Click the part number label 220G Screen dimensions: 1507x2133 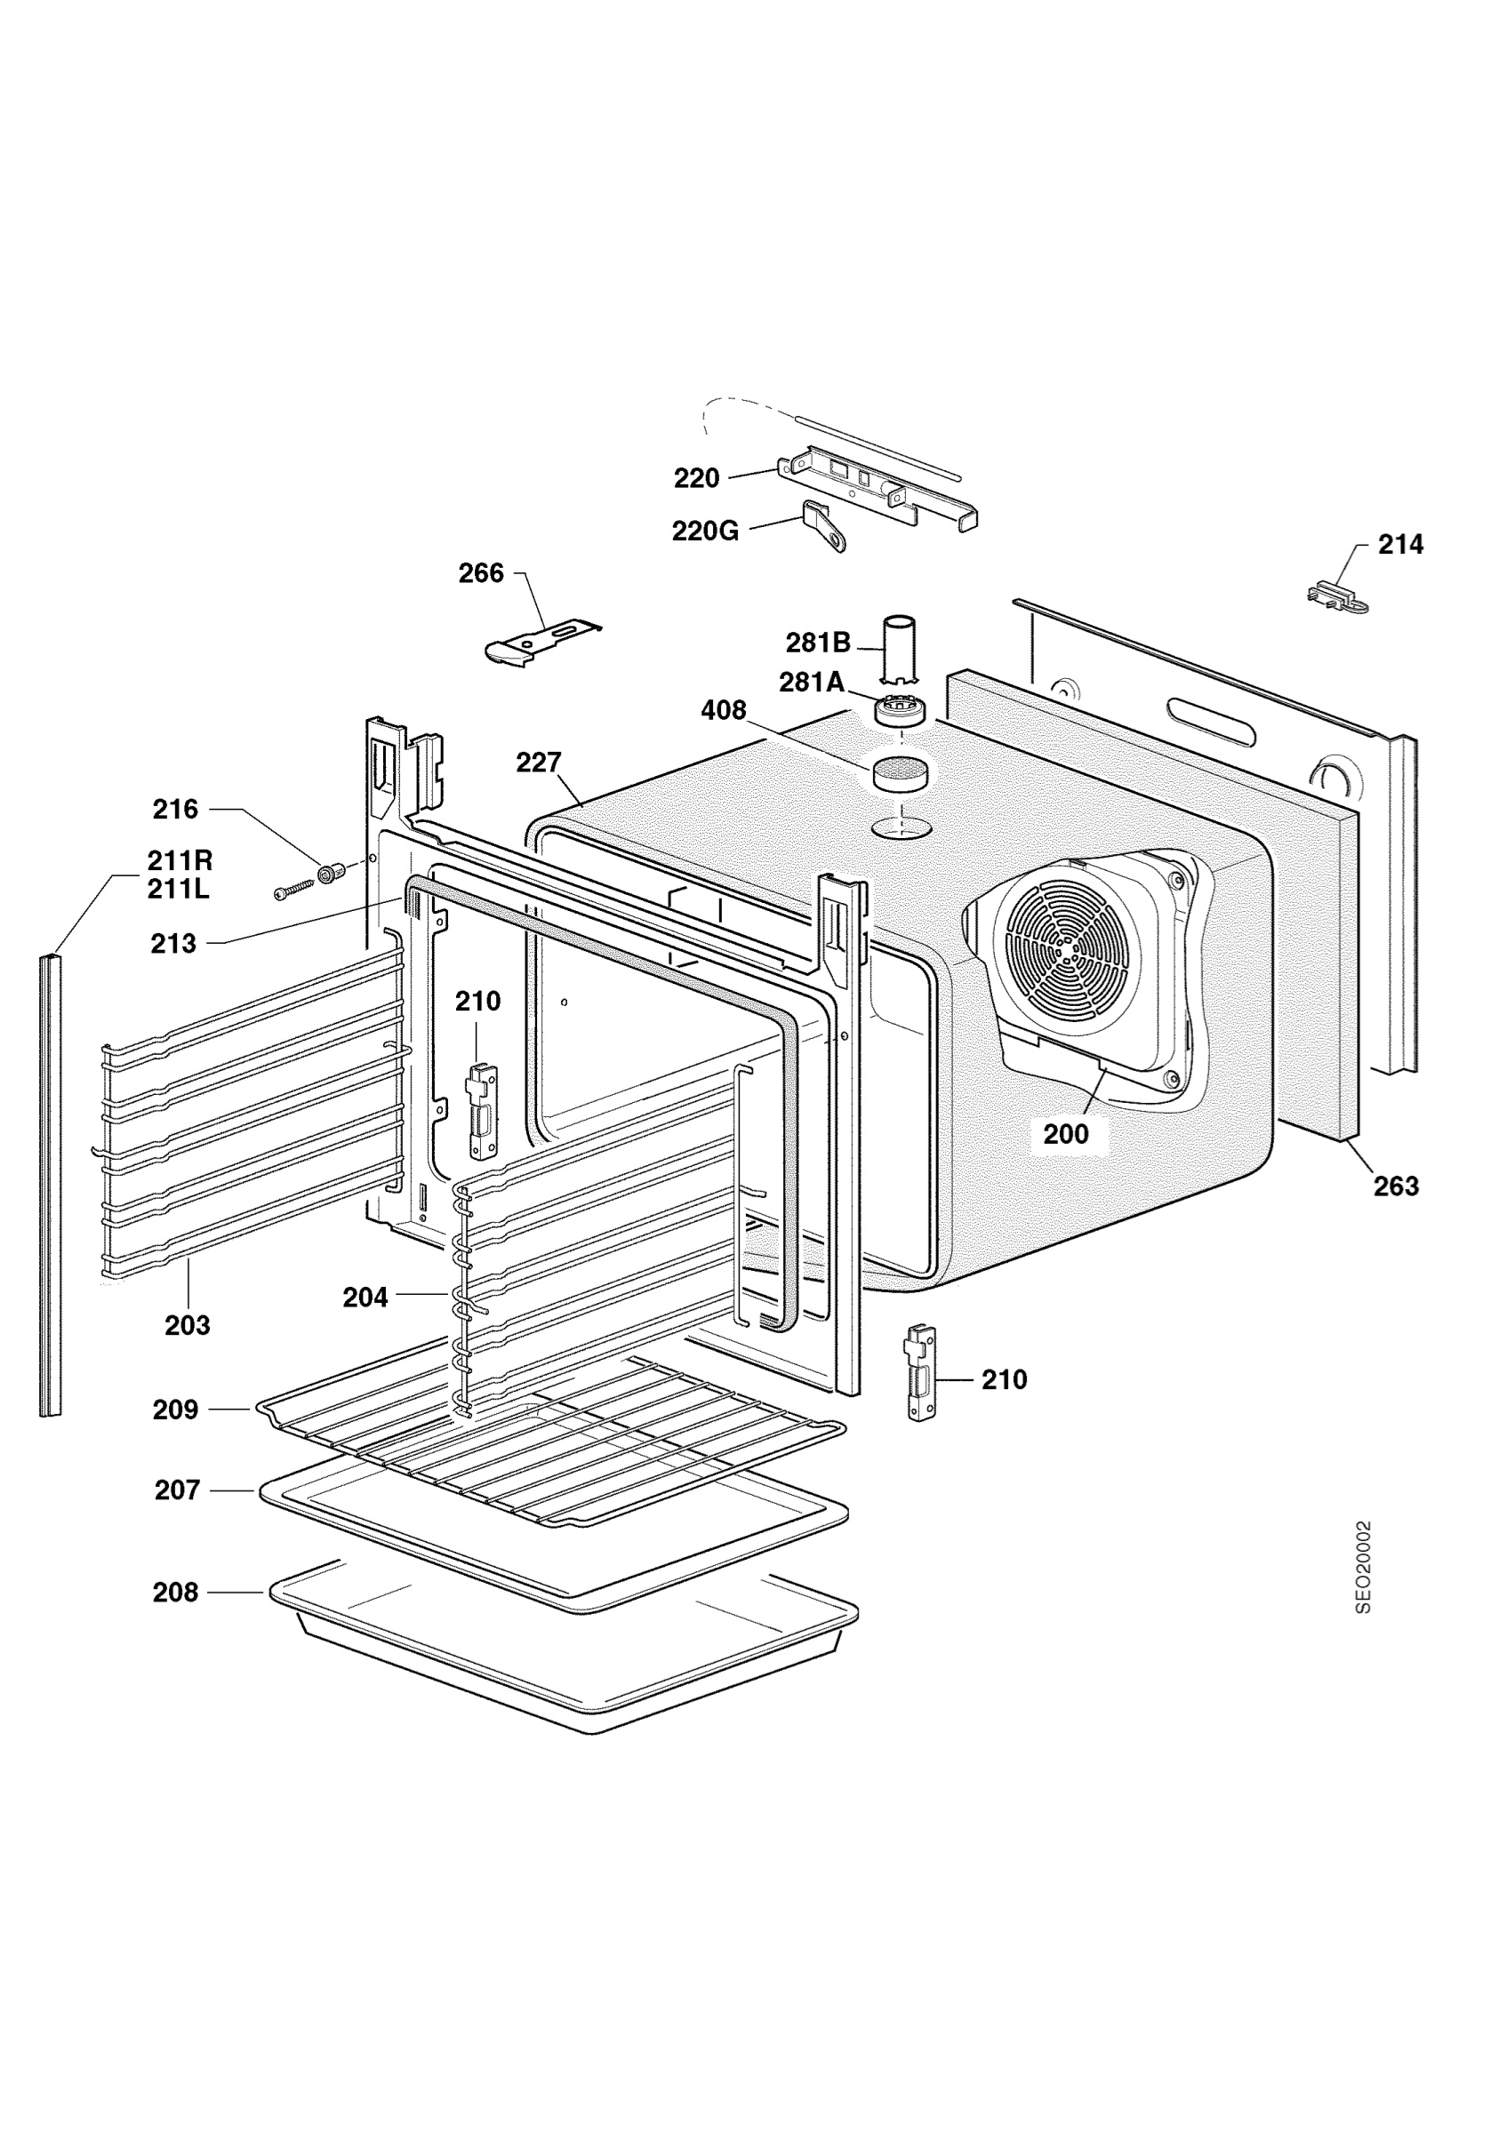(x=705, y=531)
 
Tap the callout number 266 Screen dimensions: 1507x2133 (x=481, y=573)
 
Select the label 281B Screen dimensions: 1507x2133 (x=819, y=642)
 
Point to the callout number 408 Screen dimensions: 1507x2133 (x=724, y=710)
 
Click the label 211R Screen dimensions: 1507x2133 (x=180, y=860)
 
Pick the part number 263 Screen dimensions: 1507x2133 (x=1397, y=1186)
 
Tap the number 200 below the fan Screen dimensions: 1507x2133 (x=1066, y=1133)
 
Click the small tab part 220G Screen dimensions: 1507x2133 (x=824, y=526)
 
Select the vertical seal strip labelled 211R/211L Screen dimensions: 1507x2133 (x=50, y=1186)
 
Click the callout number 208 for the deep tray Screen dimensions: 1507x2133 (x=176, y=1593)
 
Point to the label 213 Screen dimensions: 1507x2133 (x=173, y=944)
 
